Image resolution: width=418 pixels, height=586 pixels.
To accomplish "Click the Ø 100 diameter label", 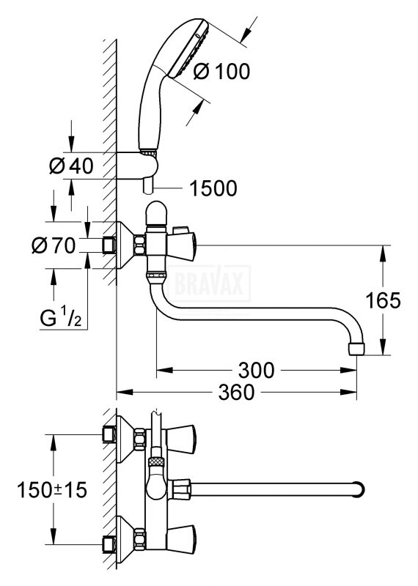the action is pos(221,71).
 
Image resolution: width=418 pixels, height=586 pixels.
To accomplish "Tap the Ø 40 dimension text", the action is pos(71,166).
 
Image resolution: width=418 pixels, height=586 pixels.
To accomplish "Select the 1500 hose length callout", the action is pos(213,188).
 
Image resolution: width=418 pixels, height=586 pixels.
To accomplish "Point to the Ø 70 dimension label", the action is pos(54,245).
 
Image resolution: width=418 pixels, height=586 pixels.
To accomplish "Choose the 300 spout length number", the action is pos(257,370).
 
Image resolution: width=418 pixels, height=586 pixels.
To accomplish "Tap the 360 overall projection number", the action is pos(236,392).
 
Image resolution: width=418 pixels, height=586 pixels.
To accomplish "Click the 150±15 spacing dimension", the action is pos(51,489).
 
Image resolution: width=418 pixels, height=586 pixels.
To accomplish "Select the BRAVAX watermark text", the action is pos(209,283).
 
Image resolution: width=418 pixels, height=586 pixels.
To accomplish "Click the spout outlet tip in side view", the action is pos(356,349).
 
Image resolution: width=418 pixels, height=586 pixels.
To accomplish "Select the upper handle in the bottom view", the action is pos(181,438).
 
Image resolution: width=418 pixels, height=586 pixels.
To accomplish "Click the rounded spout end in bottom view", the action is pos(359,489).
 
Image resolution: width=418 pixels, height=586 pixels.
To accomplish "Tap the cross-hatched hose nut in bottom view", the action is pos(155,461).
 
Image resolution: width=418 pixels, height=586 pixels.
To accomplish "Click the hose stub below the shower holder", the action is pos(148,185).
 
